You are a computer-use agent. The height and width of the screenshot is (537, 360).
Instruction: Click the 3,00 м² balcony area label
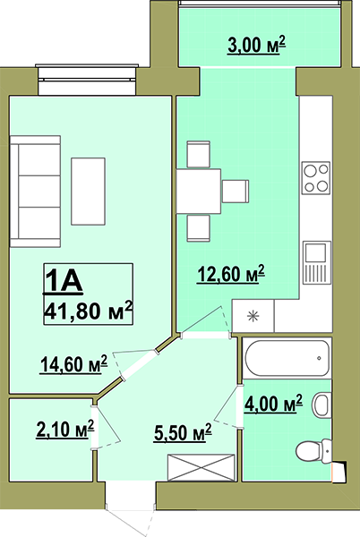256,46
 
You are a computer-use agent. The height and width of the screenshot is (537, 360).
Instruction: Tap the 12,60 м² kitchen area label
231,274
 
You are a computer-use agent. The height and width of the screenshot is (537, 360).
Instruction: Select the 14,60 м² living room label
74,363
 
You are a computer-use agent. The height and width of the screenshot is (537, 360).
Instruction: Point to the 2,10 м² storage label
65,429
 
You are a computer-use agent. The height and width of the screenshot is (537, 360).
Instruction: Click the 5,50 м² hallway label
183,433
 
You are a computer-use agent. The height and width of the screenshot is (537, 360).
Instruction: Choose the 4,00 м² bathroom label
273,403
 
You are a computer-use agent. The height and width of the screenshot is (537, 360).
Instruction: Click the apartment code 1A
63,281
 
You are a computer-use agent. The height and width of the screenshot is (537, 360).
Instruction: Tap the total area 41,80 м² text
88,311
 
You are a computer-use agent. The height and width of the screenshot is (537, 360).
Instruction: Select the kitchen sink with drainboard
317,262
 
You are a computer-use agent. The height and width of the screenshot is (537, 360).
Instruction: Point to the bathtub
287,358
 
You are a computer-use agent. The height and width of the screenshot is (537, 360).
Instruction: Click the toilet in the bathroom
313,451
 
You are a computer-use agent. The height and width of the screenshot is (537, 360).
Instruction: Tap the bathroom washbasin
321,405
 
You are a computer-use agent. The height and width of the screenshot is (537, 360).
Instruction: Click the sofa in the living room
35,192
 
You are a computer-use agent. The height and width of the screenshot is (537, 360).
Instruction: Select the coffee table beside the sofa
88,192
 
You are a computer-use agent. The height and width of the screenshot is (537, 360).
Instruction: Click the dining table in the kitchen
199,191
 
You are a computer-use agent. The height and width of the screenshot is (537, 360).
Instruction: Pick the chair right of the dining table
236,191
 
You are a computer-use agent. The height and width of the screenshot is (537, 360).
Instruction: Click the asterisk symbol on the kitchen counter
253,316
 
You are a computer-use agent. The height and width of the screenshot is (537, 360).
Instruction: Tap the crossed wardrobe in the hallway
201,467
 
